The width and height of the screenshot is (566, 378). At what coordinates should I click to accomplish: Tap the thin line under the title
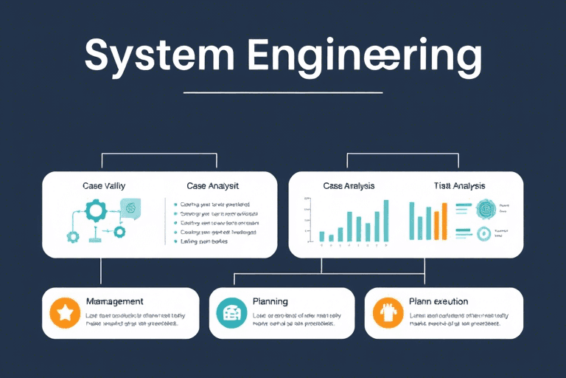click(x=283, y=93)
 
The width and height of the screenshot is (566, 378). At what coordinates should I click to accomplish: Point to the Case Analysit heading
click(x=212, y=186)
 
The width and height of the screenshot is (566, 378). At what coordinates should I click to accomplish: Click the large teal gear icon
click(x=97, y=213)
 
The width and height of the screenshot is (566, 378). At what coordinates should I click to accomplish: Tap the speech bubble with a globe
click(x=130, y=209)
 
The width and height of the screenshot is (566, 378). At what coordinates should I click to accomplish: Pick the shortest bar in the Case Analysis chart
click(x=331, y=238)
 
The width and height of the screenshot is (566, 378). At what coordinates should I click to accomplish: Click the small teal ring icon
click(x=484, y=234)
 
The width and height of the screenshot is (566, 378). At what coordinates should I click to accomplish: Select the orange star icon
click(x=64, y=313)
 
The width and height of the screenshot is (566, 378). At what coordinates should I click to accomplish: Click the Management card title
click(x=114, y=302)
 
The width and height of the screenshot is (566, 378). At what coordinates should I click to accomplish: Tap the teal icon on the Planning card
click(x=231, y=313)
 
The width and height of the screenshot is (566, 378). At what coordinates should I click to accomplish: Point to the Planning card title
click(x=270, y=302)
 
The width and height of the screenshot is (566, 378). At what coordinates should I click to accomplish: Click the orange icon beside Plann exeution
click(x=387, y=313)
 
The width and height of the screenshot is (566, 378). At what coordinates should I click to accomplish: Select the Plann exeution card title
click(x=439, y=302)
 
